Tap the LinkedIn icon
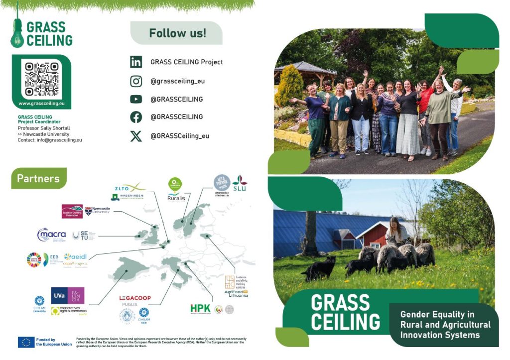pos(136,62)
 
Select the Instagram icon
pos(136,81)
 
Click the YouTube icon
pos(136,99)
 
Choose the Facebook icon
pos(136,117)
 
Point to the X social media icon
pos(136,136)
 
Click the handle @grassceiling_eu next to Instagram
pos(177,81)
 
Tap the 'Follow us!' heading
pos(177,33)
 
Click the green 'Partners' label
pos(38,178)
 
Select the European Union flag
pos(26,342)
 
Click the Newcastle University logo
pos(97,211)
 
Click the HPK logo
pos(200,309)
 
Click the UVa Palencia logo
pos(68,295)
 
